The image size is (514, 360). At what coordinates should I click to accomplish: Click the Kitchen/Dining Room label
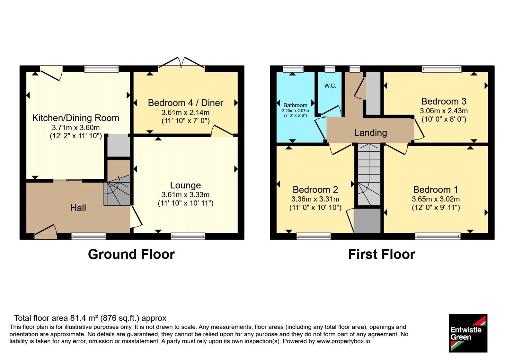76,118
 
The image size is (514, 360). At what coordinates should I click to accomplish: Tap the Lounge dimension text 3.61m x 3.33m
185,195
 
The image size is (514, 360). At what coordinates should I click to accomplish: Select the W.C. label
330,86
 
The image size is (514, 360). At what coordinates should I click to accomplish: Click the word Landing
371,133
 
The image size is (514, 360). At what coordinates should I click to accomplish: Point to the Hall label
78,208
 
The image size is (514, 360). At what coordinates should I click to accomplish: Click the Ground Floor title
131,254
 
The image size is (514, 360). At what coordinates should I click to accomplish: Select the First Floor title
382,254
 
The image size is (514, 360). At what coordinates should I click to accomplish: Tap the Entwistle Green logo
468,333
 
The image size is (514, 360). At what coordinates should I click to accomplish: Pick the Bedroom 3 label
444,102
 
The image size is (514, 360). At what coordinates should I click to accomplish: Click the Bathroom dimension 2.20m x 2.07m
295,111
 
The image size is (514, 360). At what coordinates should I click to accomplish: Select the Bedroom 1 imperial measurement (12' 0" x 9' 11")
436,208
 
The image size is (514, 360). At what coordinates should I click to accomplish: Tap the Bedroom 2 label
315,190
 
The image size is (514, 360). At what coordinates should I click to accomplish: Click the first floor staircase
369,175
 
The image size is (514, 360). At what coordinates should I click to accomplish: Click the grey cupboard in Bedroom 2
368,221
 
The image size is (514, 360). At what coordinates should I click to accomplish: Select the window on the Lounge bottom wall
188,236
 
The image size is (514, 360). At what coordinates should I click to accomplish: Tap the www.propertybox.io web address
343,341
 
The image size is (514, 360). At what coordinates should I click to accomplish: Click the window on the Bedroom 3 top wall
442,69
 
